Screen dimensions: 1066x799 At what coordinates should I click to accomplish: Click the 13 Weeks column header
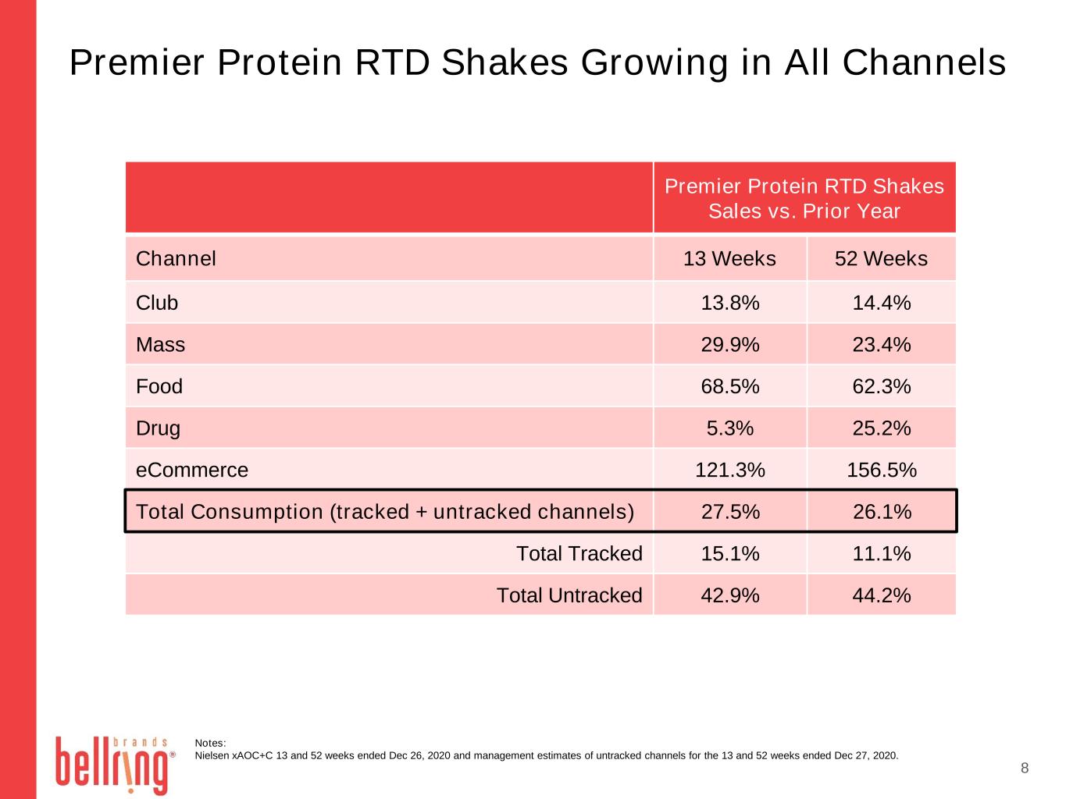tap(729, 258)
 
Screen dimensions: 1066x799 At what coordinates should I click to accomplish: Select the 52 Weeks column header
tap(881, 258)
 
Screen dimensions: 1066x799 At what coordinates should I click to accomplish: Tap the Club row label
tap(157, 303)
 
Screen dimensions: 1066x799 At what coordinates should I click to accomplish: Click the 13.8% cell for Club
tap(730, 303)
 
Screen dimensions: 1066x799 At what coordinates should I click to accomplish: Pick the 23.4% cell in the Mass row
tap(882, 345)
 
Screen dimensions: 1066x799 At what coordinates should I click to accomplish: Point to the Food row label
tap(159, 387)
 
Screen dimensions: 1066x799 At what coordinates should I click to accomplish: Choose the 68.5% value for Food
tap(730, 387)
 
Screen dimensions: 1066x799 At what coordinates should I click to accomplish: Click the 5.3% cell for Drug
tap(730, 428)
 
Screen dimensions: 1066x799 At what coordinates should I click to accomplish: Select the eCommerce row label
tap(192, 470)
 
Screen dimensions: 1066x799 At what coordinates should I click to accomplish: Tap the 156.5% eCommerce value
tap(882, 470)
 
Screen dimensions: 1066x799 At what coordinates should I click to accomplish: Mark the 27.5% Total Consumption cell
tap(730, 512)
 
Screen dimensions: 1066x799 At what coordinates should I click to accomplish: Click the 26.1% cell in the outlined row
tap(882, 512)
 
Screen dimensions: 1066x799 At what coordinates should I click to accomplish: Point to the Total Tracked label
tap(579, 553)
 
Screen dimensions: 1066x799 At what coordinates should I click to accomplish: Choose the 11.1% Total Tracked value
tap(882, 553)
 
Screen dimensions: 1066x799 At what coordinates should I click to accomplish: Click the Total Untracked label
tap(569, 595)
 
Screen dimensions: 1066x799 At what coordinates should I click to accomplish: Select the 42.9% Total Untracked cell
tap(730, 595)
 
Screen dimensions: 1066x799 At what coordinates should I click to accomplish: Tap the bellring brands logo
tap(115, 765)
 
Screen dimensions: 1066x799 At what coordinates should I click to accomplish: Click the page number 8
tap(1025, 768)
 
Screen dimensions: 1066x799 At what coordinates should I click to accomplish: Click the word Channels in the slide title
tap(924, 62)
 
